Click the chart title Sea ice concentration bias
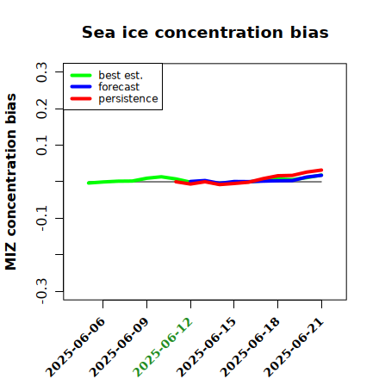tap(205, 32)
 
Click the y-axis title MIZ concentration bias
tap(11, 182)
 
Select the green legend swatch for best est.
tap(81, 75)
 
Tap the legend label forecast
tap(119, 87)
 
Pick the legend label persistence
tap(128, 99)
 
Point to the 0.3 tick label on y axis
tap(41, 72)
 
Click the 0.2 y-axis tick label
tap(41, 109)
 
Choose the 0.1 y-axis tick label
tap(41, 146)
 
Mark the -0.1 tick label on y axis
tap(41, 218)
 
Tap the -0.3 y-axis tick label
tap(41, 291)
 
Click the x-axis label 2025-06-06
tap(75, 347)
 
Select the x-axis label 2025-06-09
tap(119, 347)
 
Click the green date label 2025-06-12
tap(163, 347)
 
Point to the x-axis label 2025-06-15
tap(206, 347)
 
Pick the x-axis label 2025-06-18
tap(250, 347)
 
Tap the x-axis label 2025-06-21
tap(294, 347)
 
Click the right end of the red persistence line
tap(321, 171)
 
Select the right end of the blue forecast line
tap(321, 175)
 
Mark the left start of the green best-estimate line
tap(89, 183)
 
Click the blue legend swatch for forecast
tap(81, 87)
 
